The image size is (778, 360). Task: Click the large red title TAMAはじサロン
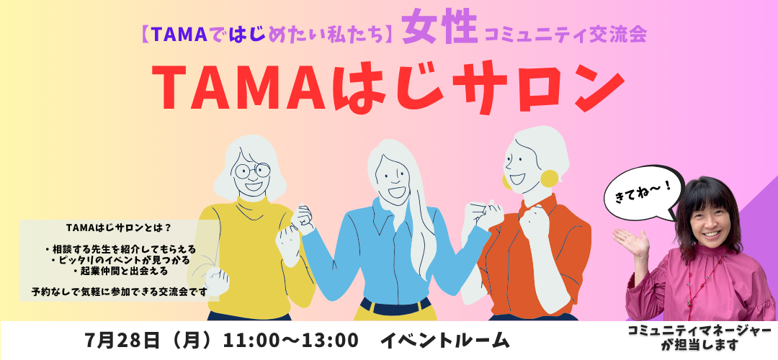[388, 87]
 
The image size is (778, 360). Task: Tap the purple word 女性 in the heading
[439, 29]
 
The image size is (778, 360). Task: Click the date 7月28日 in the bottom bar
[122, 341]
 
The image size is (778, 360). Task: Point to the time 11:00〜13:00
[291, 341]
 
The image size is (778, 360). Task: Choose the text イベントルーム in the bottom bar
[444, 341]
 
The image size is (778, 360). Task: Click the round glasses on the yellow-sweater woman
[253, 170]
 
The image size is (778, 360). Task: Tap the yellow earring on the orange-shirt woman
[549, 179]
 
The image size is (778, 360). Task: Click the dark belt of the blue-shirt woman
[396, 307]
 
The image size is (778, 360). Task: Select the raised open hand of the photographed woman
[630, 241]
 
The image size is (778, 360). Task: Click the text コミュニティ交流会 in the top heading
[565, 35]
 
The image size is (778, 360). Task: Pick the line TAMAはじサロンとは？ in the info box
[119, 228]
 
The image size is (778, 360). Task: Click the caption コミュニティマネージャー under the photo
[699, 330]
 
